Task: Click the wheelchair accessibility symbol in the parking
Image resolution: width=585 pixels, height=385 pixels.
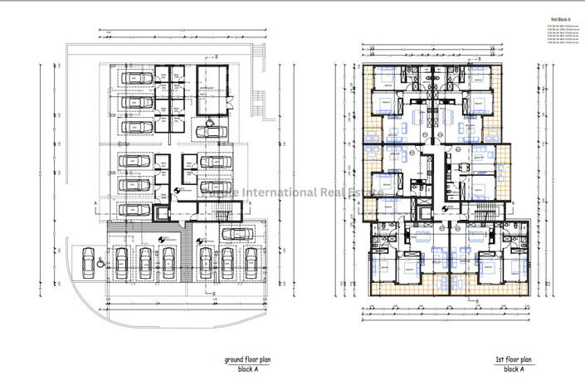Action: point(100,262)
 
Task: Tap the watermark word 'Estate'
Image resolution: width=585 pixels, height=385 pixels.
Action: point(366,193)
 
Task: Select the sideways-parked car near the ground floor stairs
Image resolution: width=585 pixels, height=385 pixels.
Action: point(237,233)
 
